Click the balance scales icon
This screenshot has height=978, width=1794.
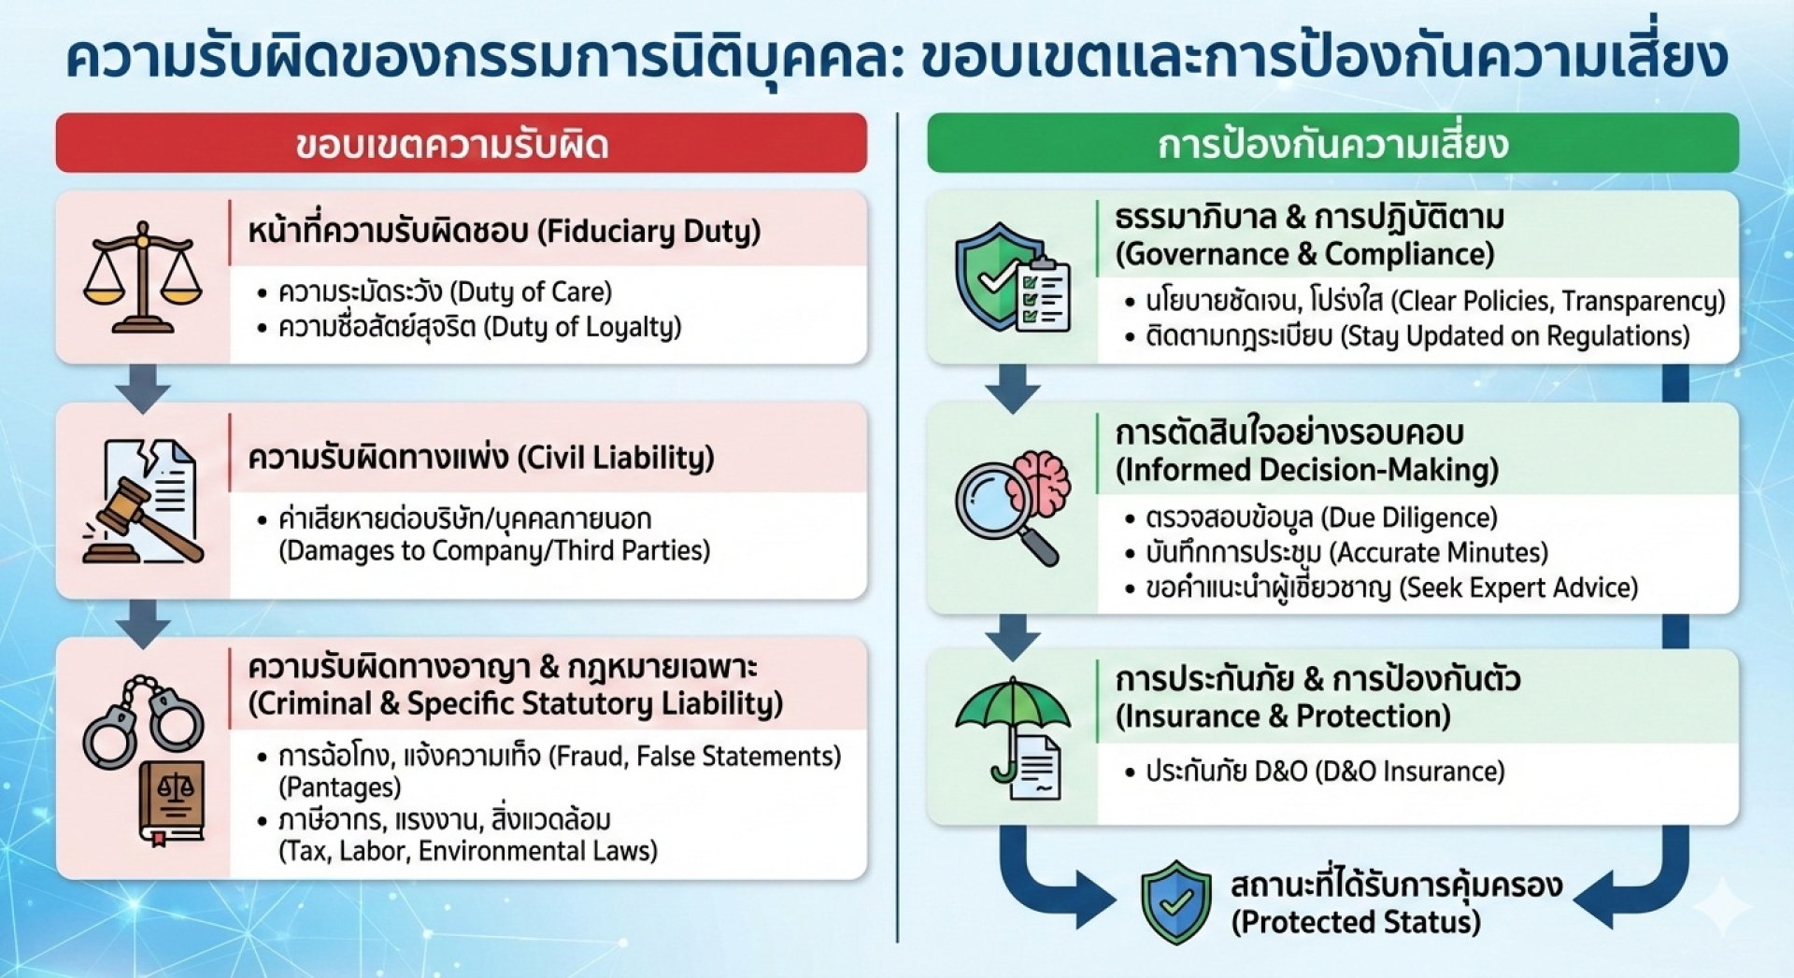point(142,278)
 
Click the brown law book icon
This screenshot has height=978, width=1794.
point(171,802)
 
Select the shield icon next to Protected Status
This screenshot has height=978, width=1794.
point(1176,901)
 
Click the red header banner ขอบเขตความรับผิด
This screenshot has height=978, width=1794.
point(461,144)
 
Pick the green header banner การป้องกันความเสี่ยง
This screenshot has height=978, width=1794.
point(1332,144)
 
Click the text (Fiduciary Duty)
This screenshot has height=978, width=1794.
point(650,231)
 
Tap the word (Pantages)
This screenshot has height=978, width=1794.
point(340,787)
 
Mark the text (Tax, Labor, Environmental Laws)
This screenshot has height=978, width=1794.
point(468,851)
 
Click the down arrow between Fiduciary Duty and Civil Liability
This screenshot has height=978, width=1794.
point(143,387)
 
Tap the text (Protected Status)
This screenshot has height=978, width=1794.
point(1356,923)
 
